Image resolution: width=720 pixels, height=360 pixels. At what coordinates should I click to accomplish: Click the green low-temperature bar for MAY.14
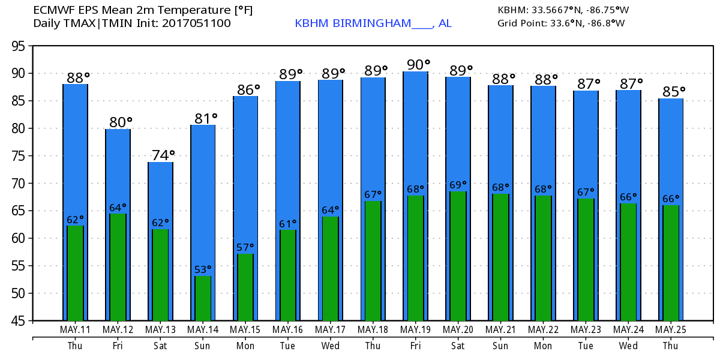click(x=203, y=298)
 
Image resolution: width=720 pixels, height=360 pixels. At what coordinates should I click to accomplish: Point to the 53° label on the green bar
click(x=203, y=269)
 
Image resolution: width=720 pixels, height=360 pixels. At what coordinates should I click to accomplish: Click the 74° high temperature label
click(x=163, y=155)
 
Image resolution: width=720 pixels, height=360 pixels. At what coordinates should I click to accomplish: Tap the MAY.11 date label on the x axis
click(x=75, y=330)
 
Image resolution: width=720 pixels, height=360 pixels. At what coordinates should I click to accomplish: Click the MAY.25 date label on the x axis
click(x=671, y=330)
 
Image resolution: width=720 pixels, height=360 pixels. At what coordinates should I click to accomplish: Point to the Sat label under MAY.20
click(x=458, y=346)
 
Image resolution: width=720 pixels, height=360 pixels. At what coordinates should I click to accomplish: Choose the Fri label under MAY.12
click(x=118, y=346)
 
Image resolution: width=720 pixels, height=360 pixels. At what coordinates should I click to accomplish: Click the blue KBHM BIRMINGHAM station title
click(x=373, y=23)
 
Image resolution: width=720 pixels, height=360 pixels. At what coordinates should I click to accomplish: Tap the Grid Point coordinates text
click(x=561, y=23)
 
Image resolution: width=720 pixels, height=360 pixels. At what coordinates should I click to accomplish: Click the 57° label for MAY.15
click(x=245, y=247)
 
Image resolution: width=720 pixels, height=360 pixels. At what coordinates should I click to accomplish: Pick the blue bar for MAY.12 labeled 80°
click(x=118, y=168)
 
